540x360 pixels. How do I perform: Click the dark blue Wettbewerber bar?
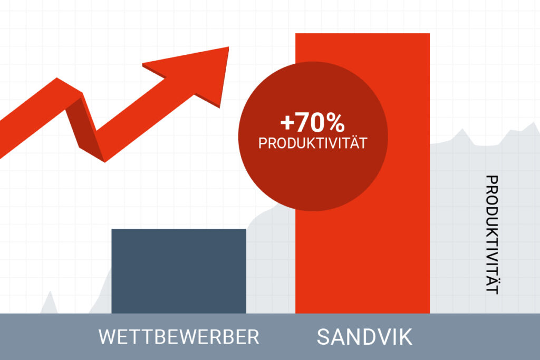tap(178, 271)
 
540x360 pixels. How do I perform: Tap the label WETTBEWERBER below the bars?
tap(179, 337)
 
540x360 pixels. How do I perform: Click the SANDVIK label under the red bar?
tap(364, 337)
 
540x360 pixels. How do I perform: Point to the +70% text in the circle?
tap(312, 122)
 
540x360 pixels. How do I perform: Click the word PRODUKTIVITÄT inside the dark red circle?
tap(313, 143)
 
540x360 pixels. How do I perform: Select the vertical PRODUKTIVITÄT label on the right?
tap(492, 235)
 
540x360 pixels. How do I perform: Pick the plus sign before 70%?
tap(286, 123)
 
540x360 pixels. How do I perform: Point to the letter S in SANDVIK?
tap(323, 337)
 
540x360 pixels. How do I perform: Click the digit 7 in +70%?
tap(301, 123)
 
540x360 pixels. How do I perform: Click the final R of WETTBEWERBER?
tap(254, 337)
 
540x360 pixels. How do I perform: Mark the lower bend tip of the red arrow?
tap(104, 162)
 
